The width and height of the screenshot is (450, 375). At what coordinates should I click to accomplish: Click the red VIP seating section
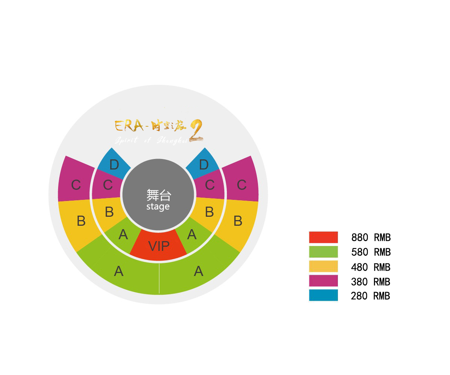click(159, 246)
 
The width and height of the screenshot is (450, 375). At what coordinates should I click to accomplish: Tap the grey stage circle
click(158, 195)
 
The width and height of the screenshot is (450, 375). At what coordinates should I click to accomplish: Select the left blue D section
click(114, 163)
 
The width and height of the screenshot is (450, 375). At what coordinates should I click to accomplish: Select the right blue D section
click(203, 163)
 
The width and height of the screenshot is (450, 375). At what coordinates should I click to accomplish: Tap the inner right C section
click(209, 185)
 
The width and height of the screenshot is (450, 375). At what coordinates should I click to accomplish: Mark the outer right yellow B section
click(237, 221)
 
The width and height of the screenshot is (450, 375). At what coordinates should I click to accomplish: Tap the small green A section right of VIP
click(192, 235)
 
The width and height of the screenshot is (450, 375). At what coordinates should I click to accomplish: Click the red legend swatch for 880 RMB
click(323, 237)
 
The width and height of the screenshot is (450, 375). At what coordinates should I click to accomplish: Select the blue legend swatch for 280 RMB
click(323, 295)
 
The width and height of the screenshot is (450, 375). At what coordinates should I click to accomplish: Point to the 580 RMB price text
click(371, 252)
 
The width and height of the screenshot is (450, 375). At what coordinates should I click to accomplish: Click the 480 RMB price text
click(371, 267)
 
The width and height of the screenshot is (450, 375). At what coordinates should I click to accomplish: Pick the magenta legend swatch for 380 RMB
click(323, 281)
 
